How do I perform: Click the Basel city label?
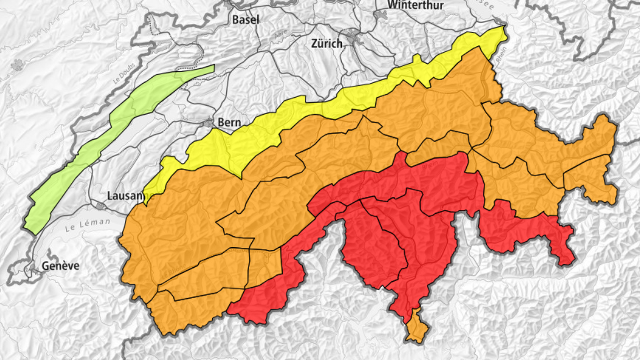pyautogui.click(x=245, y=20)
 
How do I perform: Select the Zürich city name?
pyautogui.click(x=326, y=44)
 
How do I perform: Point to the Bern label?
pyautogui.click(x=230, y=122)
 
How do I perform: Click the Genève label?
pyautogui.click(x=60, y=266)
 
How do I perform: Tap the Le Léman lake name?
pyautogui.click(x=87, y=224)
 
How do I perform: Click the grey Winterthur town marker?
pyautogui.click(x=380, y=15)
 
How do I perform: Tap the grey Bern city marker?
pyautogui.click(x=209, y=123)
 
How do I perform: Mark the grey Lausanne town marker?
pyautogui.click(x=100, y=205)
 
